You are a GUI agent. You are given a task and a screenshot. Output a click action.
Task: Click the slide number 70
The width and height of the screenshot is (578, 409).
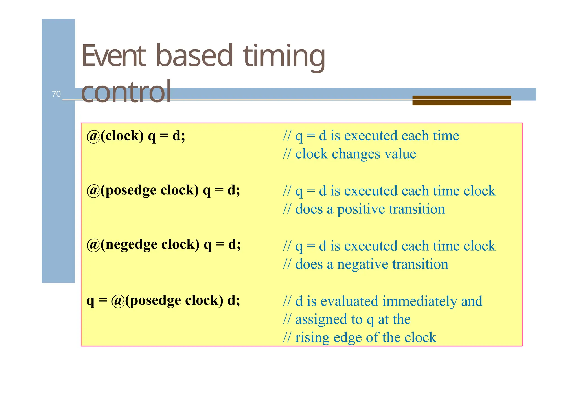(56, 94)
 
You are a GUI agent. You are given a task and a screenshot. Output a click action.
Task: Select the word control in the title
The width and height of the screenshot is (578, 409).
(126, 92)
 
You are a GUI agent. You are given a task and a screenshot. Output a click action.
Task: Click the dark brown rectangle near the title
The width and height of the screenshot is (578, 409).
(461, 101)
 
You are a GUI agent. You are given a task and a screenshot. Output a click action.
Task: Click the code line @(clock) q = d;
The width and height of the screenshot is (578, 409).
(136, 136)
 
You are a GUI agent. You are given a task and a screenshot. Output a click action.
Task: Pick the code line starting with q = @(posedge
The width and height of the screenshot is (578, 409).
(163, 300)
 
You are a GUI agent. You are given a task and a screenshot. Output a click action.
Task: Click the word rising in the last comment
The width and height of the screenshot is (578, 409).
(312, 338)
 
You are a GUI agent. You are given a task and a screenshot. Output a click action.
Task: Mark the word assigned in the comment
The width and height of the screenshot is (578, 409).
(321, 320)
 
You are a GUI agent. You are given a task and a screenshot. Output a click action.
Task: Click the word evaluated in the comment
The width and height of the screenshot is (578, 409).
(349, 301)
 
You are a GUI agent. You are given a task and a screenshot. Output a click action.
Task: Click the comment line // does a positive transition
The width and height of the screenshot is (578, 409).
(364, 209)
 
